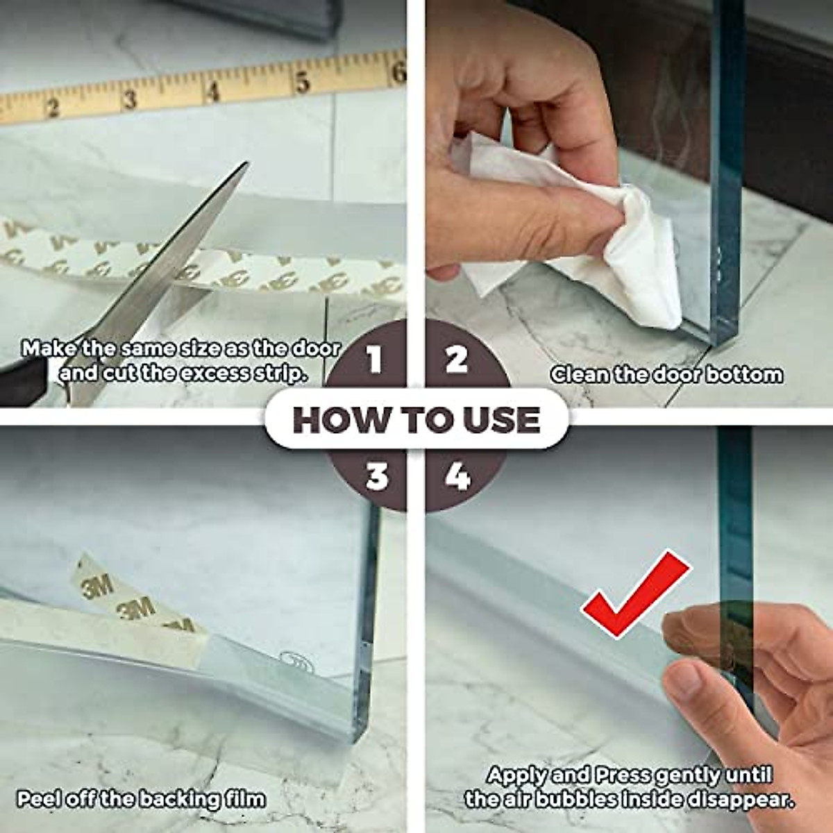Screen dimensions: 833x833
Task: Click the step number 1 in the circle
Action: [375, 360]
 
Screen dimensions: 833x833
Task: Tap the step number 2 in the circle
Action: [456, 359]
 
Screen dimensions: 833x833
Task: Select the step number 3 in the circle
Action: [376, 477]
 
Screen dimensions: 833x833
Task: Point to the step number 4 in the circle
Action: [457, 477]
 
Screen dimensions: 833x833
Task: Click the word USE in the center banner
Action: [507, 421]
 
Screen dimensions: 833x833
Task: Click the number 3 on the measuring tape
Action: [130, 99]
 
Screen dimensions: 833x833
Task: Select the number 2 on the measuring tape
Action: [52, 108]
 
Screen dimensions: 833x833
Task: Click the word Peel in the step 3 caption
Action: [39, 799]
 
